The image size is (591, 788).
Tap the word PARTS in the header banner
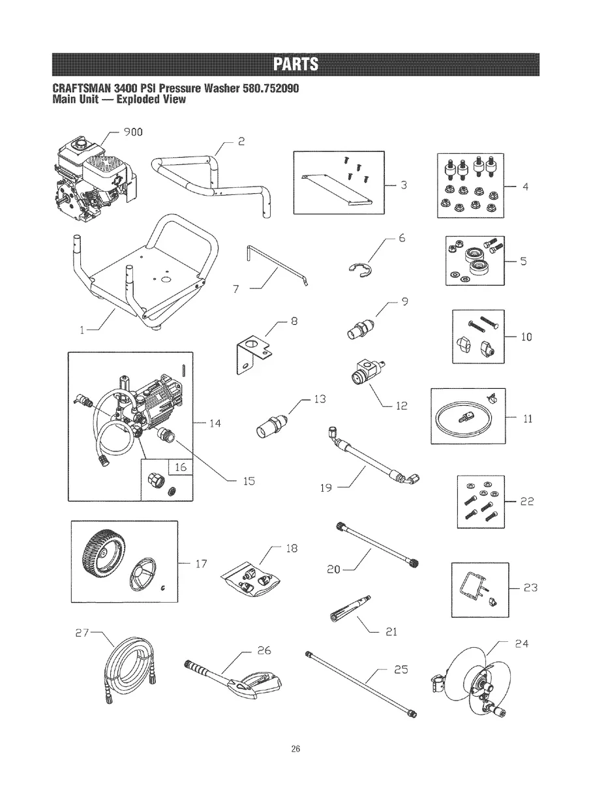click(x=295, y=65)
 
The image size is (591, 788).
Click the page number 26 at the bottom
click(x=295, y=748)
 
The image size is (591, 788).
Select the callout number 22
click(x=527, y=502)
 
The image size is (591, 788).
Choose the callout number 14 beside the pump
click(x=215, y=424)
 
